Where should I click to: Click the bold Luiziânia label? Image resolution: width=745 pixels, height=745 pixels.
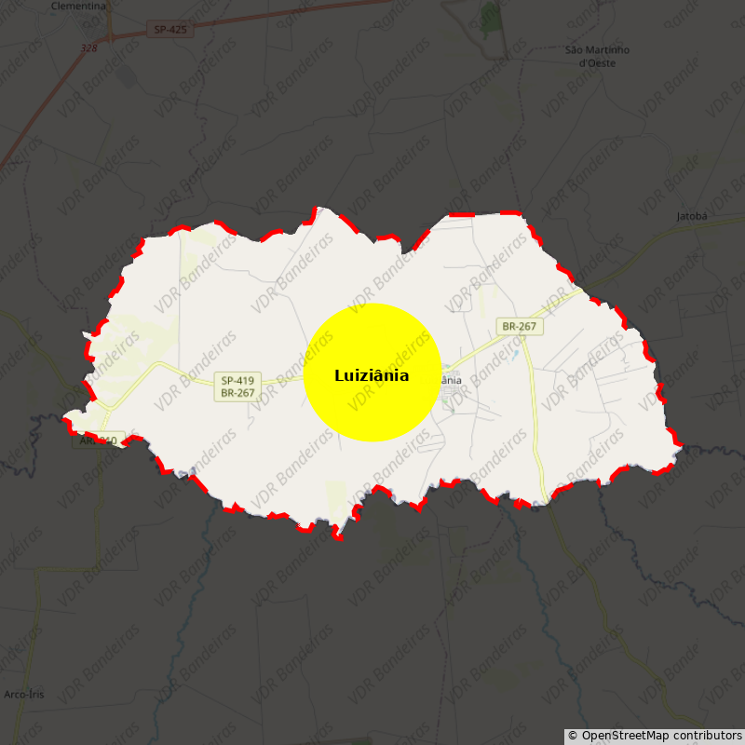click(372, 376)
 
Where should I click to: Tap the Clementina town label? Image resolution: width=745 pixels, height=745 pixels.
click(78, 6)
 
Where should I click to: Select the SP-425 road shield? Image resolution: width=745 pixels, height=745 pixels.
click(170, 30)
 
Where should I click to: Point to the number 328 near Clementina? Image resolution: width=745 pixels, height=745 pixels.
click(88, 48)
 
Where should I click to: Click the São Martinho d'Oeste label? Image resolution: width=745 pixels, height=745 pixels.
click(597, 56)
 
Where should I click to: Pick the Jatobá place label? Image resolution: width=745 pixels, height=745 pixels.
click(692, 216)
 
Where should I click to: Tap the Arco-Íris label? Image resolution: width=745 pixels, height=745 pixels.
click(24, 695)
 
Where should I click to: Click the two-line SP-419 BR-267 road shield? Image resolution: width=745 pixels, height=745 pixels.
click(237, 386)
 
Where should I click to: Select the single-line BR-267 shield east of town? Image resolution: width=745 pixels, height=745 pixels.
click(519, 326)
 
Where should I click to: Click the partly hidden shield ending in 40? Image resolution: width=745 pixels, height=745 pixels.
click(99, 440)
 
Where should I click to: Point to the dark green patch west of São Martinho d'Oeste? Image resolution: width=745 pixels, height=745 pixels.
click(491, 16)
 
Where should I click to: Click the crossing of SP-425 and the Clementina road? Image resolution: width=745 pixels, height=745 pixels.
click(110, 38)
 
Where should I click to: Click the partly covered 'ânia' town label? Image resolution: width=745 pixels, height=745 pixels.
click(451, 380)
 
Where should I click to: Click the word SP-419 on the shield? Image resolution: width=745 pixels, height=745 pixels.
click(237, 380)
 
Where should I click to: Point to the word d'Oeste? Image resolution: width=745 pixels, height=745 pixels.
click(597, 63)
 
